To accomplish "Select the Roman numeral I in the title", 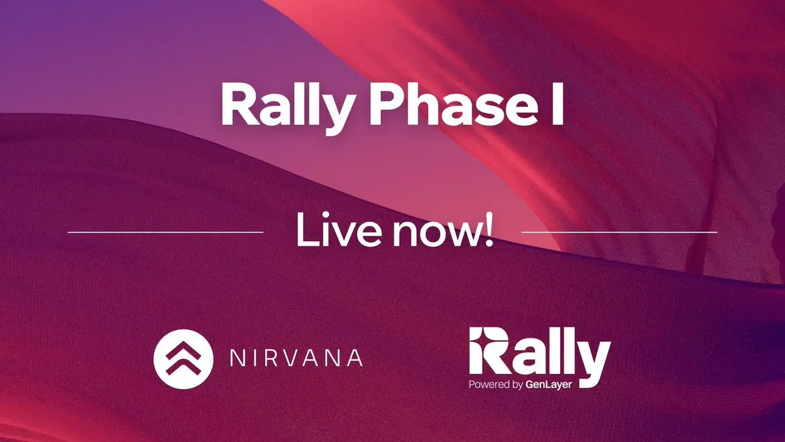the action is pos(558,105).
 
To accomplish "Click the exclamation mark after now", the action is pos(489,230).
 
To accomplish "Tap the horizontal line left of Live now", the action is pos(166,232).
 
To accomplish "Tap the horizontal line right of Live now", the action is pos(619,232).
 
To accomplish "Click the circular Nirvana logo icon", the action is pos(183,359).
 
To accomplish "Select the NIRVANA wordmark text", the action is pos(296,358).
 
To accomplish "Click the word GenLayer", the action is pos(548,385).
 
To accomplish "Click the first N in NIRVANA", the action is pos(237,358).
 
